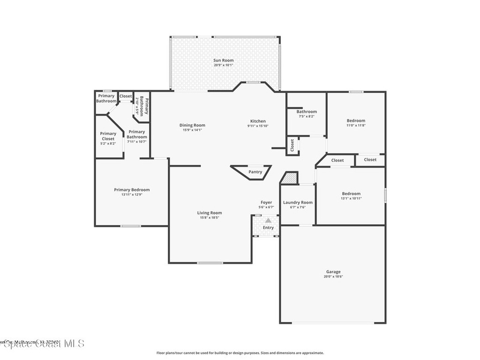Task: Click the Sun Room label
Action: coord(223,60)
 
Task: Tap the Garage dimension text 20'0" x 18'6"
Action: coord(333,277)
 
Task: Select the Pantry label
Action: coord(255,172)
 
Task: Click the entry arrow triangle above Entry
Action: coord(268,220)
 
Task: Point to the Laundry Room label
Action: coord(298,202)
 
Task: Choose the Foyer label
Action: coord(266,202)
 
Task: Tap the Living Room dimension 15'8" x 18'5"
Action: coord(209,217)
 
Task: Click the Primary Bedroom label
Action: coord(132,190)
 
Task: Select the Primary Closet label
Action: coord(108,136)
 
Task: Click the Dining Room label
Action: coord(192,125)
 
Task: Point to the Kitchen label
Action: coord(258,121)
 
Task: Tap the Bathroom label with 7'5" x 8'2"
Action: coord(307,112)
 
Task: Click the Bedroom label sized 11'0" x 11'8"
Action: coord(356,120)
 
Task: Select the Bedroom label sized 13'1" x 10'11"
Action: coord(351,194)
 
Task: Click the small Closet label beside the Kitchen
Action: coord(292,145)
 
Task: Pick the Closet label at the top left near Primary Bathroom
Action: coord(126,96)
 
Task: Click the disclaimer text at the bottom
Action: coord(240,353)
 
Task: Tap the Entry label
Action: coord(268,228)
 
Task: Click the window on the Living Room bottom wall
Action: coord(210,262)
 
